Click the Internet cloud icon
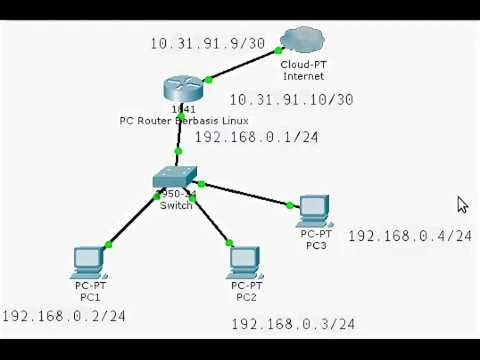302,40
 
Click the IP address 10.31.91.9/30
207,43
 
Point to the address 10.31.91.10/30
291,99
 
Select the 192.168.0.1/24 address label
256,137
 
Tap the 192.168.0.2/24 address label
63,316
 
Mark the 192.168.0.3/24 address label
293,324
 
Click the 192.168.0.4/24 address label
410,236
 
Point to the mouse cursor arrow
462,204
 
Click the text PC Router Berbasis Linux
183,120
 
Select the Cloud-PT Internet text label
303,70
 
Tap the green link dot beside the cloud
277,50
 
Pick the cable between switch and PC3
245,193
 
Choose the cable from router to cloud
243,65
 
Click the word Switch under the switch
175,205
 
